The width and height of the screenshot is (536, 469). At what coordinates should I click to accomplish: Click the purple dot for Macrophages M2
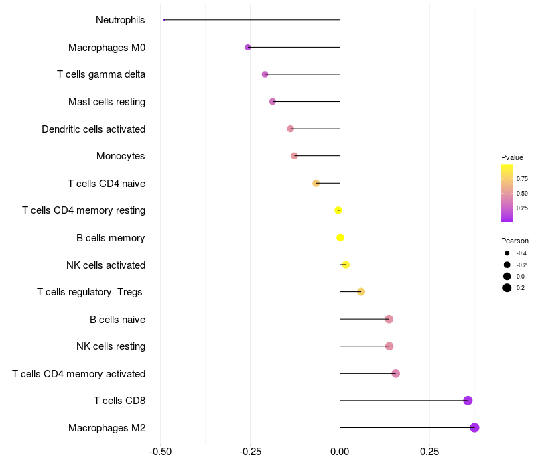474,427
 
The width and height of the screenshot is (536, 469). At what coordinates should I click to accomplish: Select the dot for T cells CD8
468,401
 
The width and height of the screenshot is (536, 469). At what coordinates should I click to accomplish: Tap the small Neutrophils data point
164,20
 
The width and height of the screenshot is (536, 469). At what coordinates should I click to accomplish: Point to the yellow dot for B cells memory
340,237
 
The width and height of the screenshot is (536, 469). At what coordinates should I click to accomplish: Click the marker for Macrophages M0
248,47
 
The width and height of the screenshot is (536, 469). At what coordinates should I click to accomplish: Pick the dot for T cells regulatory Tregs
361,291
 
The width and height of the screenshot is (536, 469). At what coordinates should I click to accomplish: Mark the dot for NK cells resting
389,346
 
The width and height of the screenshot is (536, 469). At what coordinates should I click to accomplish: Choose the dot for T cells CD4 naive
316,183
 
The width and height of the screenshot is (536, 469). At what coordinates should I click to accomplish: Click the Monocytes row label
121,156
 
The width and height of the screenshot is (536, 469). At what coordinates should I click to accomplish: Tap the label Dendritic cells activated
93,129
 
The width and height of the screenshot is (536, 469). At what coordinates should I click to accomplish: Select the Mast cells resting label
107,102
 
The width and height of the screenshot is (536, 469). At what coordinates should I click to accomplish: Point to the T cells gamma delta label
101,74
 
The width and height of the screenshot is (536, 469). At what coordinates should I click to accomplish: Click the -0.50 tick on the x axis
160,452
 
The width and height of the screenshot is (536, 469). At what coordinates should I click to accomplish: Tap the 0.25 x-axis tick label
429,452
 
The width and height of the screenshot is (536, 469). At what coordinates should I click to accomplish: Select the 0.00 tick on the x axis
340,452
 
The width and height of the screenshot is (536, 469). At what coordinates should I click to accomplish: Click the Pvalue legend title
512,157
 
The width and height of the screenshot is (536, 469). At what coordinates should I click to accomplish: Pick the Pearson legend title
515,241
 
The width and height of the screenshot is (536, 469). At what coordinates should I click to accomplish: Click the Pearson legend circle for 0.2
507,288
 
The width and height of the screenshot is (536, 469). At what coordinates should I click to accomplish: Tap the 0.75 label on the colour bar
522,179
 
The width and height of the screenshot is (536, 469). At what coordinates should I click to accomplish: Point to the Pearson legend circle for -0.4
507,253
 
